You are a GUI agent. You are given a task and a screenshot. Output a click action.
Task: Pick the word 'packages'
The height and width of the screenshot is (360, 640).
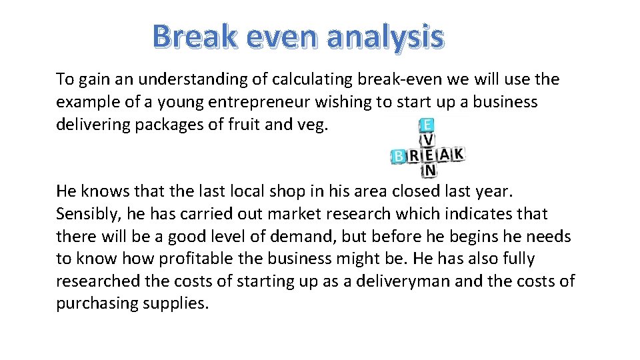(169, 125)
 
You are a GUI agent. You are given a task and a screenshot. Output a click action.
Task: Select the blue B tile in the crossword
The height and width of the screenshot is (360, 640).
(399, 156)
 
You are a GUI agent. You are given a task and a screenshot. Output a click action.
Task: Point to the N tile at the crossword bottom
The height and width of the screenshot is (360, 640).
(430, 171)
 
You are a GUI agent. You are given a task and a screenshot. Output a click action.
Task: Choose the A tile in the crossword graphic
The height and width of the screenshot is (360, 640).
(443, 154)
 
